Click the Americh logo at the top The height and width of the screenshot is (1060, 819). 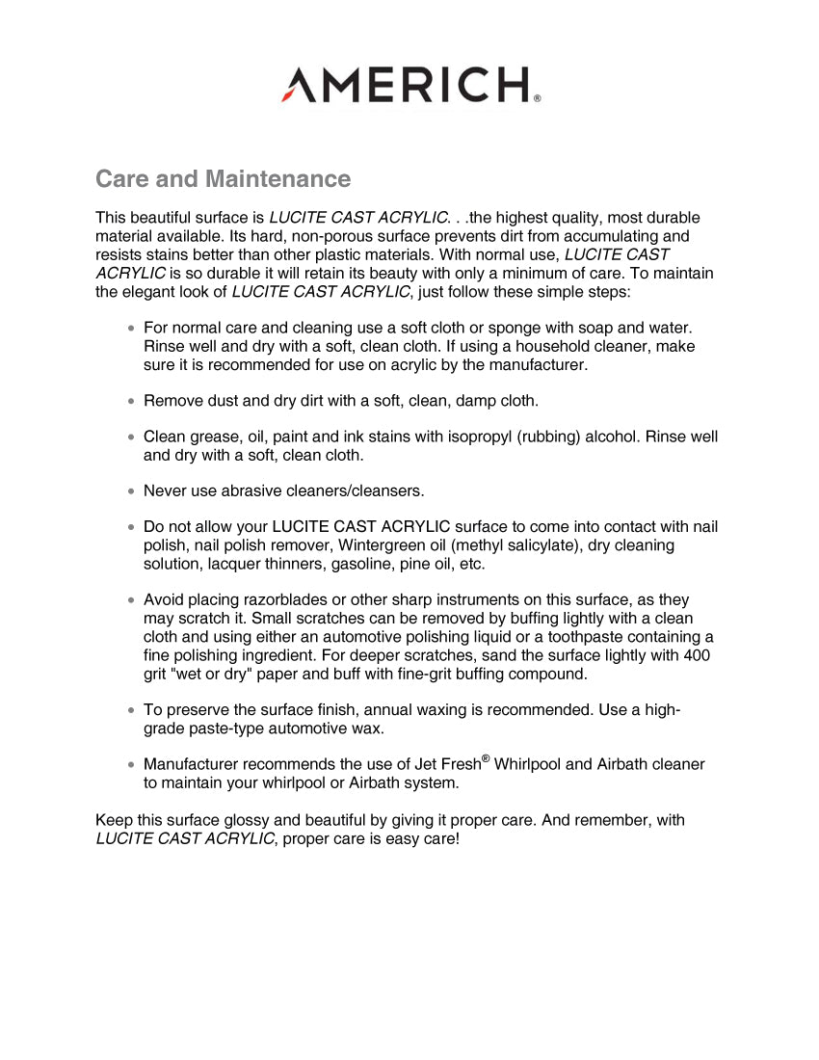409,85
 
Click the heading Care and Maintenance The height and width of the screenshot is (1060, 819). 223,179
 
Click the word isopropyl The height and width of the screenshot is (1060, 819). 479,437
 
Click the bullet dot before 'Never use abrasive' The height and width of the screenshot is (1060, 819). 131,491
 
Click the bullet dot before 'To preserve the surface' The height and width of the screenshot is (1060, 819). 131,710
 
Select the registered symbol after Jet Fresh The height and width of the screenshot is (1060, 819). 485,758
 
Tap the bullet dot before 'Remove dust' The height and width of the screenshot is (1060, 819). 131,401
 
